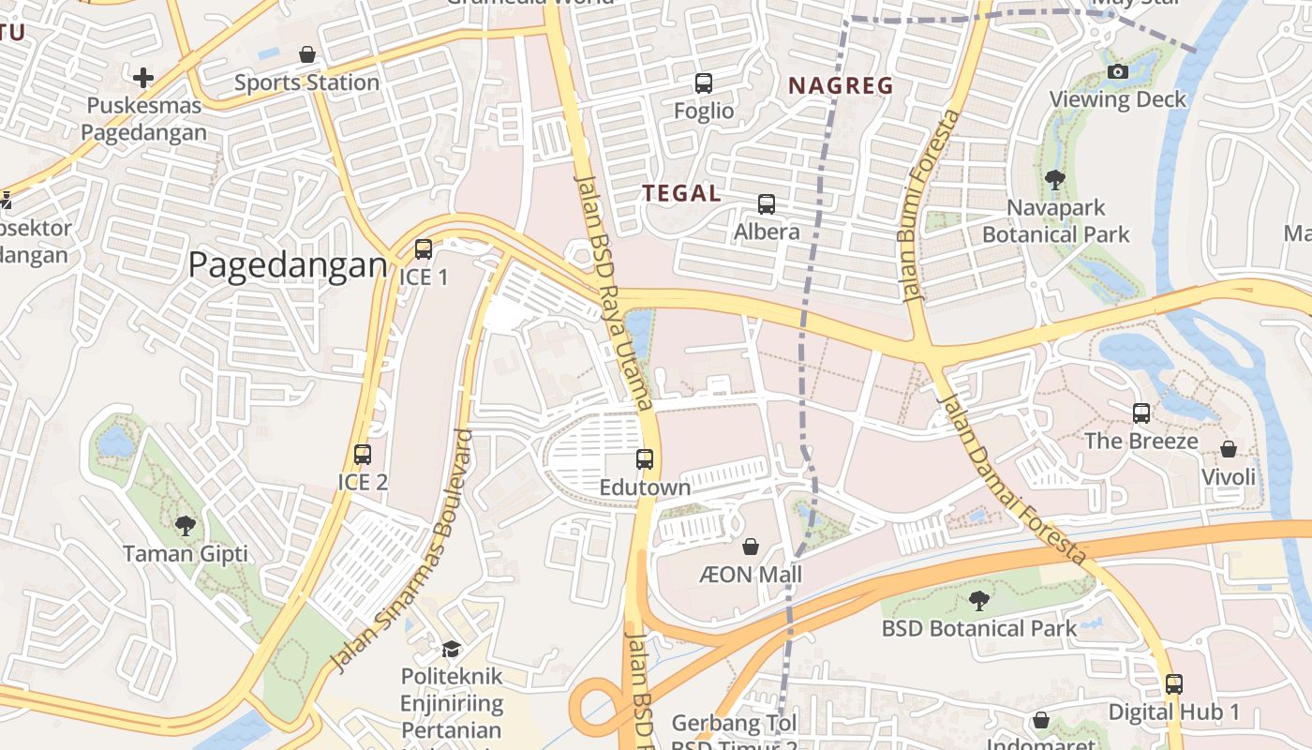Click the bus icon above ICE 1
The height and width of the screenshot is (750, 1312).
[x=424, y=249]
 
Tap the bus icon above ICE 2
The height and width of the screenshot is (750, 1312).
[x=363, y=455]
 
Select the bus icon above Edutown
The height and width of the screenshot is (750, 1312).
[x=645, y=459]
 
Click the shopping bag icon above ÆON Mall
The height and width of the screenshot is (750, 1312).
[x=751, y=546]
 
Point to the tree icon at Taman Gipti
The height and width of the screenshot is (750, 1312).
[x=186, y=526]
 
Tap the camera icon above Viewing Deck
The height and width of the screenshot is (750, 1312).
[x=1117, y=71]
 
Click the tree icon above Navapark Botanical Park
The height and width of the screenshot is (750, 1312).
[x=1055, y=179]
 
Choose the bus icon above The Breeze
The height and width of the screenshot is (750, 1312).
[x=1141, y=412]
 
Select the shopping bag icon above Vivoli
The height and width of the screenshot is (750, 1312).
[x=1229, y=449]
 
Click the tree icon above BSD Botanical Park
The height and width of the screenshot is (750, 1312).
[x=979, y=600]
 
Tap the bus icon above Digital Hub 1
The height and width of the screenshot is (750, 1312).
[x=1174, y=684]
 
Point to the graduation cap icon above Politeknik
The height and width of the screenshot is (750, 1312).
[x=452, y=649]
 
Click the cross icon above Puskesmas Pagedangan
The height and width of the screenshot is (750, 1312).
[x=143, y=77]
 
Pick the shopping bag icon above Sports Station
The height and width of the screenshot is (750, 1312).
[x=307, y=54]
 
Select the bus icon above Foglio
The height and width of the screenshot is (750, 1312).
[x=704, y=82]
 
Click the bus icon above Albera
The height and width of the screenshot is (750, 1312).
[x=767, y=203]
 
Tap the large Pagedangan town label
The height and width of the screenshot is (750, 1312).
[x=288, y=265]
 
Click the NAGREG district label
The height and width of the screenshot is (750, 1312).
[x=841, y=86]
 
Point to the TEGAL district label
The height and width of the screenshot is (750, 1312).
[x=681, y=194]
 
